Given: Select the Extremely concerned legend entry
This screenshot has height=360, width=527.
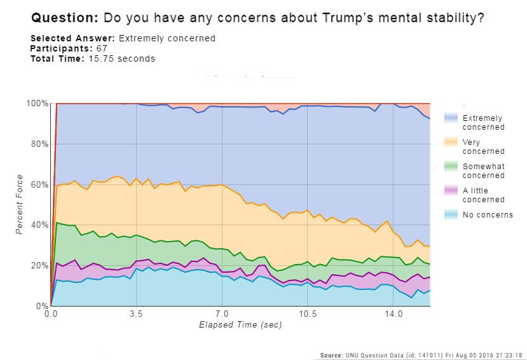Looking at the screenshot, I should pos(483,122).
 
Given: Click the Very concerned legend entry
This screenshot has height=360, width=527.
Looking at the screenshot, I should pos(483,146).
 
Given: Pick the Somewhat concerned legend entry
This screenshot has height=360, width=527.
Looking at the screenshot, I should pos(483,170).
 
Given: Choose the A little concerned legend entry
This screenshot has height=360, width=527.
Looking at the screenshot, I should pos(483,195).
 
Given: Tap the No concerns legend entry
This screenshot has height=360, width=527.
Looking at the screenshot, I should pos(487,214).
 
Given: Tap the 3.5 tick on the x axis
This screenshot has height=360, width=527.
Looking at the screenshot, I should pos(136,314).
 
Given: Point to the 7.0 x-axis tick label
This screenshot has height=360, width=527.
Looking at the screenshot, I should pos(221,314).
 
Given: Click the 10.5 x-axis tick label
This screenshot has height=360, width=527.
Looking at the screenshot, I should pos(308,314).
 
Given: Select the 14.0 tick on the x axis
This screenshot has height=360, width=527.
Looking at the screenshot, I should pos(394,314).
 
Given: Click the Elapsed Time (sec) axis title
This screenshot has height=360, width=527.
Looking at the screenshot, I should pos(240,325).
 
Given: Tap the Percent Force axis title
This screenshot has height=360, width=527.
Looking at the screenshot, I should pos(20,204).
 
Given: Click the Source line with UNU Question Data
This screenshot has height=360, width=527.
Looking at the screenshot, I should pos(421,355).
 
